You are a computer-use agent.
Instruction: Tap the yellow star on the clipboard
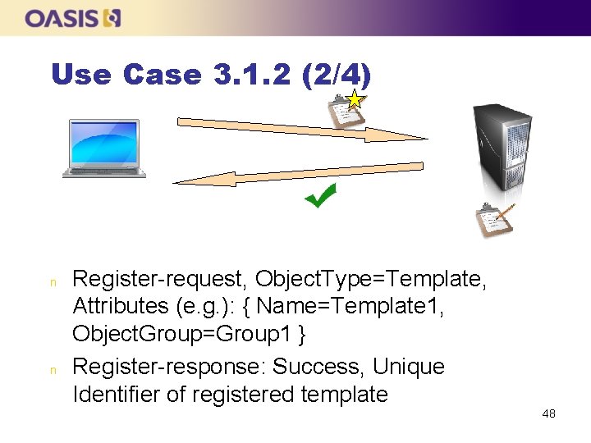point(355,101)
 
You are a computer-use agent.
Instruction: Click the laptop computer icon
point(104,148)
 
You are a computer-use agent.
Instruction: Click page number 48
point(549,413)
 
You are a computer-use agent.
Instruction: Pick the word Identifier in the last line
point(116,395)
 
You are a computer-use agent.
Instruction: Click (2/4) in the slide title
point(337,75)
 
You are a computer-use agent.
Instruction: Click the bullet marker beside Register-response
point(53,369)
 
